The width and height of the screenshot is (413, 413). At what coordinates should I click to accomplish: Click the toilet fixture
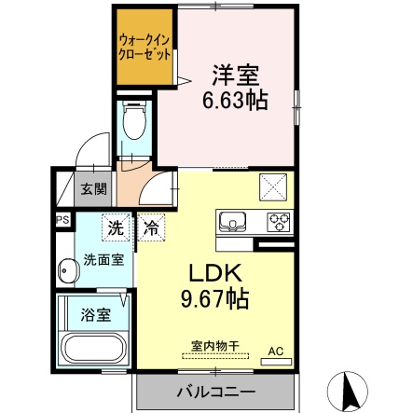134,120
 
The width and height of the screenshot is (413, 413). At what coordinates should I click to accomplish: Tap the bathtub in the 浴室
93,350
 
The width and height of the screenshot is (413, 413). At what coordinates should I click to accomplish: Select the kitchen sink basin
232,221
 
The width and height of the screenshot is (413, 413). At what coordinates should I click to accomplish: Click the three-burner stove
279,222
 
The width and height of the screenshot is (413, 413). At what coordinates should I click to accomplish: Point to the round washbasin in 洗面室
67,270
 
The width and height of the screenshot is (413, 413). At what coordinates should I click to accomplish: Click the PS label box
62,220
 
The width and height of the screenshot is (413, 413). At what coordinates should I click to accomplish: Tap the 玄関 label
94,188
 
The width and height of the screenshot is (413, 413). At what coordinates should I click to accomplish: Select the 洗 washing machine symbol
116,227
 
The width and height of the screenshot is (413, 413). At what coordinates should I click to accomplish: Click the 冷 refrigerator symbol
151,227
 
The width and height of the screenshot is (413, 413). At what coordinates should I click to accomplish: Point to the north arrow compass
349,391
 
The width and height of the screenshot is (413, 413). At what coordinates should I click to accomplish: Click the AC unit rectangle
276,362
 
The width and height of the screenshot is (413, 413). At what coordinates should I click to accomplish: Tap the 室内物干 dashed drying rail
215,356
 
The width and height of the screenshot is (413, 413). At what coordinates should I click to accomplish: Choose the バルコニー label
216,392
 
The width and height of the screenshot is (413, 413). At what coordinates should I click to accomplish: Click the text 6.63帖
235,100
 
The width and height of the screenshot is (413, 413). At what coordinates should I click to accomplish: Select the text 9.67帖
215,298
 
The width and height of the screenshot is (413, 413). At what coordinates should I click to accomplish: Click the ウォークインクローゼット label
145,48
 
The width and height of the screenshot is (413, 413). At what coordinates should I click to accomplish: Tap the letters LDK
215,273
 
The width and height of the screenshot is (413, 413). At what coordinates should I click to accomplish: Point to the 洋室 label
236,76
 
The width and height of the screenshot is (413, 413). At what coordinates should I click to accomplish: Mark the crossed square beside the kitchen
273,186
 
